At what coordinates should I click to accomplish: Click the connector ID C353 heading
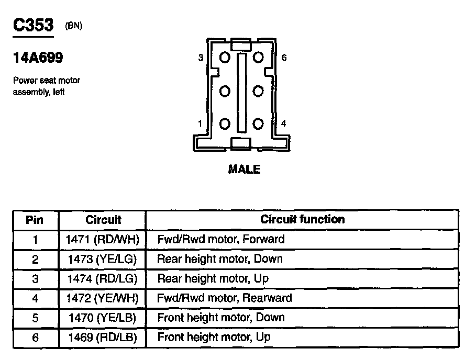pyautogui.click(x=33, y=26)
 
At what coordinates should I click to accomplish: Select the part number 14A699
pyautogui.click(x=38, y=58)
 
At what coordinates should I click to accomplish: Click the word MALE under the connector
pyautogui.click(x=244, y=170)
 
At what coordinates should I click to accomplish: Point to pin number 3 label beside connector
pyautogui.click(x=201, y=58)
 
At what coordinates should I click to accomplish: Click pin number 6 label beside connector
pyautogui.click(x=284, y=58)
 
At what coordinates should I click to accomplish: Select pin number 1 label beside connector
pyautogui.click(x=201, y=124)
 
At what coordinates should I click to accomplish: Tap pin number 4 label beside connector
pyautogui.click(x=284, y=124)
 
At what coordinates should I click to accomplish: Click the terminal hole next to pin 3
pyautogui.click(x=225, y=58)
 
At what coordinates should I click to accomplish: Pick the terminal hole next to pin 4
pyautogui.click(x=258, y=124)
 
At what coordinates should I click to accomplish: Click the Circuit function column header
pyautogui.click(x=302, y=220)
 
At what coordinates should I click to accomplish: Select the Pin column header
pyautogui.click(x=35, y=220)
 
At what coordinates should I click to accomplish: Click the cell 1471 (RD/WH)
pyautogui.click(x=102, y=240)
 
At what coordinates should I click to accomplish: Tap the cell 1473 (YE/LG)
pyautogui.click(x=102, y=259)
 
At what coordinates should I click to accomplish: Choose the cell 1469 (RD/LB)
pyautogui.click(x=102, y=338)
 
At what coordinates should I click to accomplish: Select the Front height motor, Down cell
pyautogui.click(x=220, y=318)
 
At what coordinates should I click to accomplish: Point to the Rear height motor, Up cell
pyautogui.click(x=213, y=278)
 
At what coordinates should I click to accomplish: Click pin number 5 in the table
pyautogui.click(x=35, y=318)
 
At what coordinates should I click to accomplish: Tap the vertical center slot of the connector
pyautogui.click(x=241, y=91)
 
